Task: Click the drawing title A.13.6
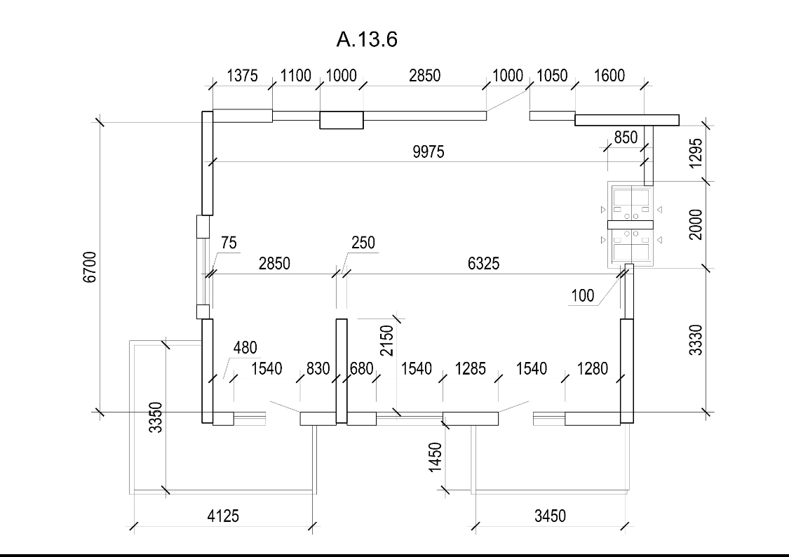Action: point(367,39)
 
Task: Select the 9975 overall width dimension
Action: point(429,152)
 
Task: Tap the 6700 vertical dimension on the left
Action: point(90,267)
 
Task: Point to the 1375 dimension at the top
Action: point(242,76)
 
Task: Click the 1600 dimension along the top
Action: point(609,76)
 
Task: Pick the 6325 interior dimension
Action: point(483,263)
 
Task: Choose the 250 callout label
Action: point(363,243)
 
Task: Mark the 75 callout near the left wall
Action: point(229,243)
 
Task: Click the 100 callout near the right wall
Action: point(583,295)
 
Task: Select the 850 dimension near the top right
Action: point(626,137)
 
